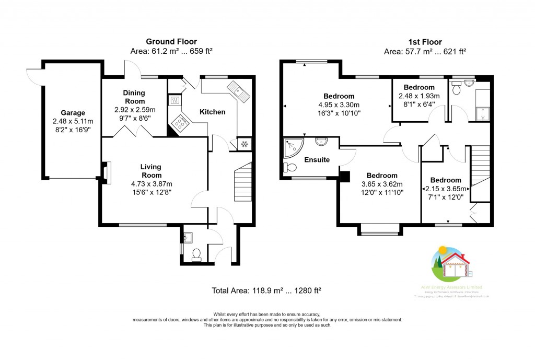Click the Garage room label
(72, 113)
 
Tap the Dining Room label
(134, 97)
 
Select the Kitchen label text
(213, 112)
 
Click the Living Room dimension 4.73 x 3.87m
(150, 184)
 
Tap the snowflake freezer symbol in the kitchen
(243, 144)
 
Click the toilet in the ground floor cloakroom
(197, 254)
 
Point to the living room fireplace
(107, 173)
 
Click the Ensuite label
(317, 160)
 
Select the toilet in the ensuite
(289, 168)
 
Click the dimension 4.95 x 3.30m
(339, 104)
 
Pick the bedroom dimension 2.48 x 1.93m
(419, 96)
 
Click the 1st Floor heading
(424, 42)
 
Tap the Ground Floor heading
(171, 41)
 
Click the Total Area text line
(266, 291)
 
